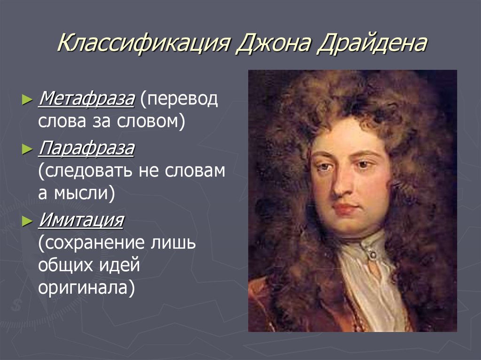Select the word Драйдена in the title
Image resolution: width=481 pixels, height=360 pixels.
[x=372, y=46]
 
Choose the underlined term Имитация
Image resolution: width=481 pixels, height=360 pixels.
[x=81, y=220]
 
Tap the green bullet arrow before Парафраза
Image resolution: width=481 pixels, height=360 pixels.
[x=28, y=151]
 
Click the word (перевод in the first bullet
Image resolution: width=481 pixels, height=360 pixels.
[x=179, y=99]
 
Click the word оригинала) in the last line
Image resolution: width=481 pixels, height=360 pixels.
[x=86, y=287]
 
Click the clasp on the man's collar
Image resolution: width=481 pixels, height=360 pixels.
[x=372, y=254]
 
